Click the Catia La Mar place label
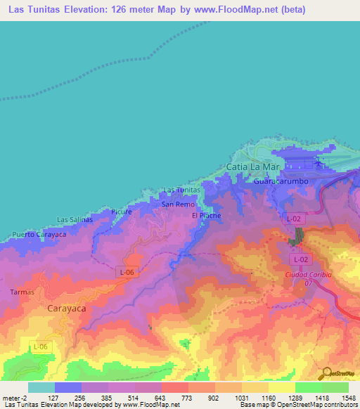point(254,167)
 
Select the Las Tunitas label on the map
point(182,190)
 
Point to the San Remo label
point(178,204)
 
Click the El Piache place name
point(206,216)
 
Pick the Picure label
point(122,211)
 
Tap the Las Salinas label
point(75,219)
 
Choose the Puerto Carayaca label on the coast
point(39,234)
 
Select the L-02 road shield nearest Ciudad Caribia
point(300,259)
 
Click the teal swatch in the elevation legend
point(41,387)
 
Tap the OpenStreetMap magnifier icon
point(324,373)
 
